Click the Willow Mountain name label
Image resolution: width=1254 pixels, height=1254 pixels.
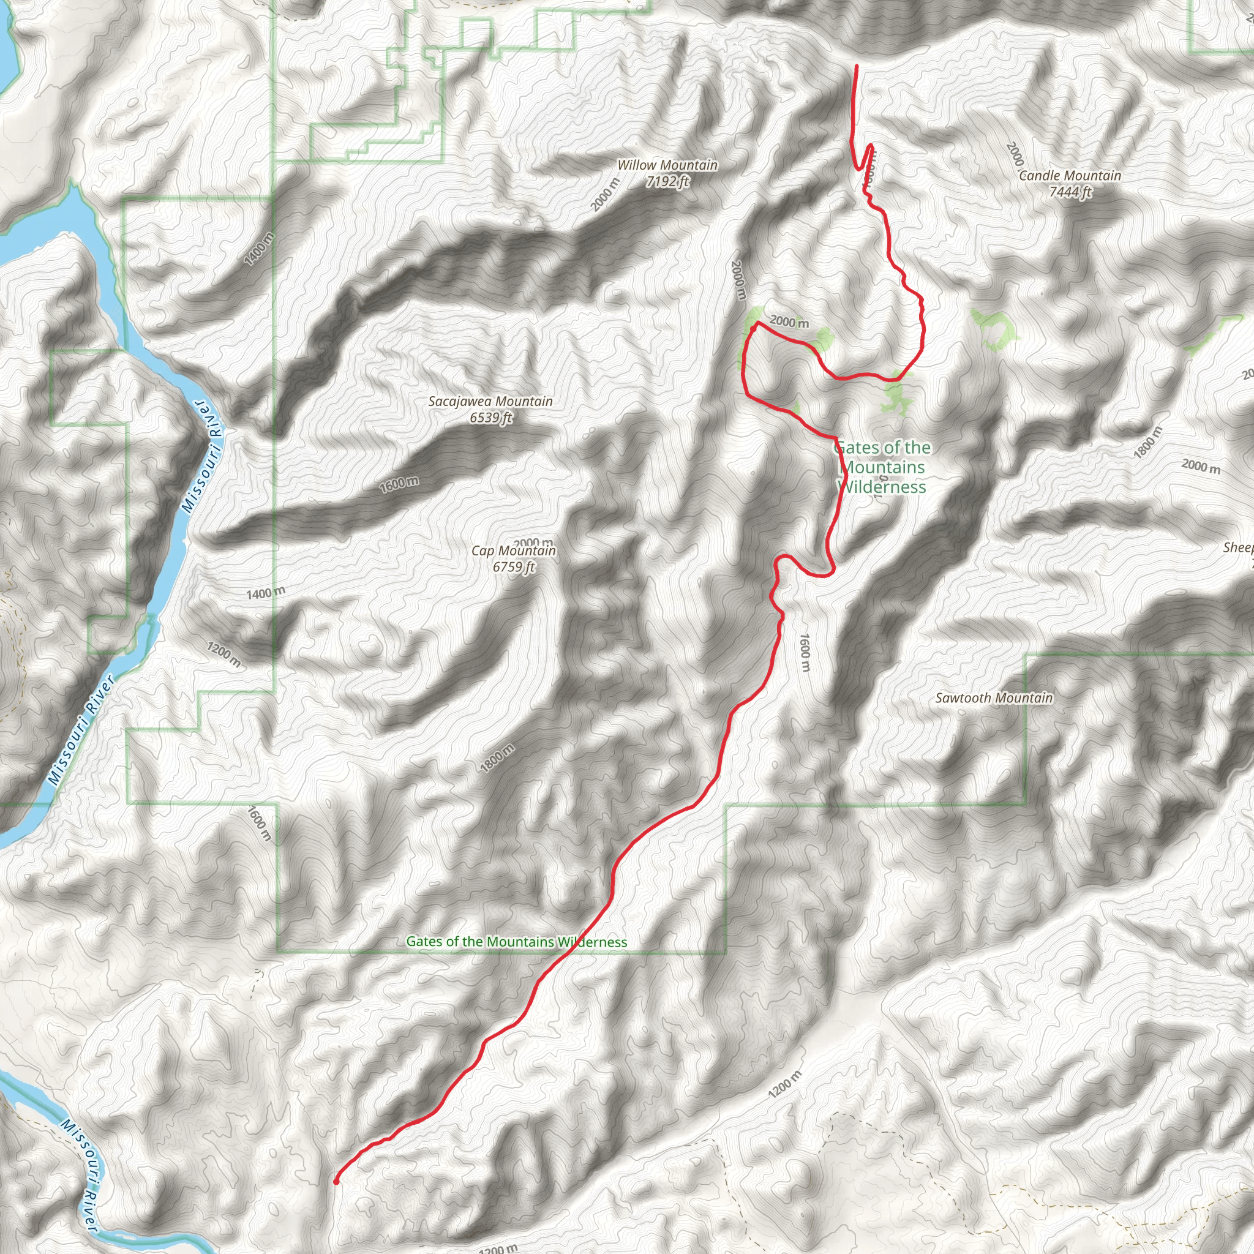[667, 165]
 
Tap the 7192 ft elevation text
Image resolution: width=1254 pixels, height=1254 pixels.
[667, 182]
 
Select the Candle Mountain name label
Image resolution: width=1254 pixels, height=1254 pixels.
[1070, 176]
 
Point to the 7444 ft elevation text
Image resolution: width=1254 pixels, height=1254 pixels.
[1070, 192]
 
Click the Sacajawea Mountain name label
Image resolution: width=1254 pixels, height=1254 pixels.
[490, 402]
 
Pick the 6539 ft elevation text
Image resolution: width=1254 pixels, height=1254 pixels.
[490, 418]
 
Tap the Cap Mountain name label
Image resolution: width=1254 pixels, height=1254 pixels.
[513, 551]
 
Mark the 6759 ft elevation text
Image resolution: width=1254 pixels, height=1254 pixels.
[513, 567]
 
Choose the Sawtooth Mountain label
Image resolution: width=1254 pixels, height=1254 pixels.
[994, 699]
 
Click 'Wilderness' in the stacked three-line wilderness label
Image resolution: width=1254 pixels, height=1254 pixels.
[882, 487]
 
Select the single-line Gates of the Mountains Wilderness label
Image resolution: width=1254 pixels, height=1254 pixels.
[517, 942]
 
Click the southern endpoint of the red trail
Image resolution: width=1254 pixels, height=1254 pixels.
[336, 1182]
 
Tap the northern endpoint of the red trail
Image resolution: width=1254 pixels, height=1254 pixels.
[857, 66]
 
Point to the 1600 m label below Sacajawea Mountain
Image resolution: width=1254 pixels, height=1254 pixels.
[399, 484]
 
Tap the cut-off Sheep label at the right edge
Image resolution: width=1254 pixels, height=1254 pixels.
[1239, 548]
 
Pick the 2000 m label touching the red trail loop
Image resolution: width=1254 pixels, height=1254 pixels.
[789, 322]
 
